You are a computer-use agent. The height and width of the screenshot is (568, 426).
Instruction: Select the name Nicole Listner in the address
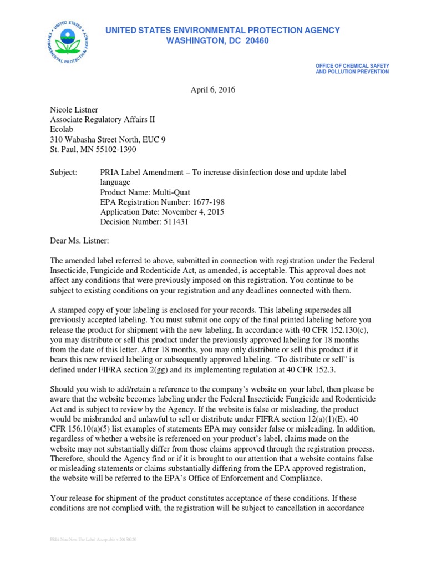tap(74, 110)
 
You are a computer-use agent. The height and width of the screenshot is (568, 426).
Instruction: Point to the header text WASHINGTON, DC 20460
tap(217, 41)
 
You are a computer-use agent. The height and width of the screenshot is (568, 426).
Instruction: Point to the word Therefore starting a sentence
tap(69, 459)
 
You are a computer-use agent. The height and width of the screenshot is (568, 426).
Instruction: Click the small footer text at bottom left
tap(93, 539)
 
